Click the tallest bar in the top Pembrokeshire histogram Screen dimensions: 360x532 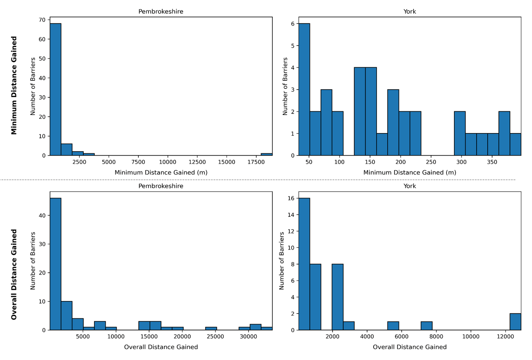pos(55,89)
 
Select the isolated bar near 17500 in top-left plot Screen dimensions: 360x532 pos(266,154)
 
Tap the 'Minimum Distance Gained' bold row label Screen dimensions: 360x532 pos(14,86)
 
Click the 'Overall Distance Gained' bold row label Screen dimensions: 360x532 pos(14,274)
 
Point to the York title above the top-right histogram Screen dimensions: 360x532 pos(410,12)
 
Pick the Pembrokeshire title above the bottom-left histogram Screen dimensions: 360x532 pos(160,186)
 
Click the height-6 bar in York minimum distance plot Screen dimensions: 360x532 pos(304,89)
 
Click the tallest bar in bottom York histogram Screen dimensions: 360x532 pos(304,264)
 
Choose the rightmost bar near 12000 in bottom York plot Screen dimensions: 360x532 pos(515,321)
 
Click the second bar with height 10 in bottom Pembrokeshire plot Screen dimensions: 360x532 pos(66,316)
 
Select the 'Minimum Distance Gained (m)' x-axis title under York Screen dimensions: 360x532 pos(410,172)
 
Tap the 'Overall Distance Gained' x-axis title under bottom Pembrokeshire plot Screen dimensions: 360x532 pos(160,347)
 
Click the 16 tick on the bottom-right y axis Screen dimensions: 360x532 pos(291,198)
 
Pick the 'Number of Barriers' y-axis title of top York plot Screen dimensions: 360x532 pos(285,86)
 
